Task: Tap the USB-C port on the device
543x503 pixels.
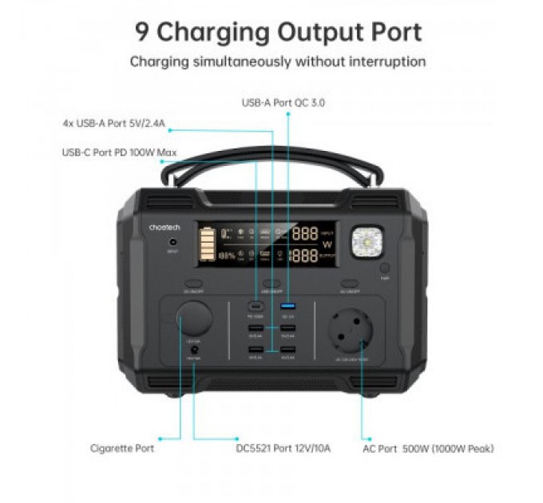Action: click(256, 307)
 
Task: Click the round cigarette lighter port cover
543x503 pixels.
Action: click(194, 323)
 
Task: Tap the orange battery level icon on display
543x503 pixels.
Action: click(207, 245)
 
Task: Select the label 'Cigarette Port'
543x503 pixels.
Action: click(122, 448)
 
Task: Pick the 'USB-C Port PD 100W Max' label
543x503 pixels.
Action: click(119, 152)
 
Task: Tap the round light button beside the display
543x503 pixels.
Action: click(385, 269)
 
